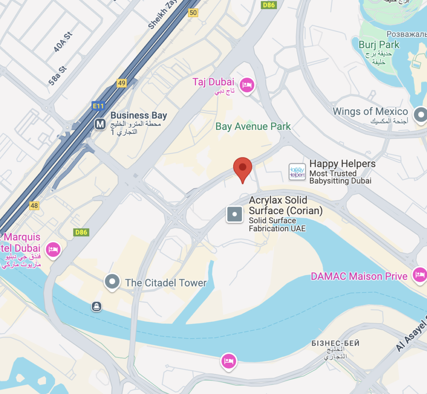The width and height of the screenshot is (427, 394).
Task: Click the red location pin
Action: [242, 168]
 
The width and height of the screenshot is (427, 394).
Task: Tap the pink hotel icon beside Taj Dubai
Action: [248, 85]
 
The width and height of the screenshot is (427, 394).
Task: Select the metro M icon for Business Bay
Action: [100, 124]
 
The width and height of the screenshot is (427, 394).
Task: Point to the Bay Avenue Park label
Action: [253, 126]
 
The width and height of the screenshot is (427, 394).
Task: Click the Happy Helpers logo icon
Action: [297, 172]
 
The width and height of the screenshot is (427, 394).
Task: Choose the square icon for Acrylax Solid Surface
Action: [234, 214]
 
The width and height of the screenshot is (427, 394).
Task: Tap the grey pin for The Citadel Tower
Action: [112, 282]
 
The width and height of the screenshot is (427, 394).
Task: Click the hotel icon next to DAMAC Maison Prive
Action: [419, 275]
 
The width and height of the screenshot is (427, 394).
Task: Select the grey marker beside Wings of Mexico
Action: [420, 114]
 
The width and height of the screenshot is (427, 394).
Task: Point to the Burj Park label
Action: [379, 45]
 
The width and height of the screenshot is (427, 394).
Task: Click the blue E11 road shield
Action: [98, 106]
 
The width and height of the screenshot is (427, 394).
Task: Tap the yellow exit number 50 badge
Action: [193, 13]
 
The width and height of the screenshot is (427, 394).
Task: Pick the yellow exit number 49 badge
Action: [121, 83]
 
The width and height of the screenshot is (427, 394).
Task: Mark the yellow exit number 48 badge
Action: [34, 205]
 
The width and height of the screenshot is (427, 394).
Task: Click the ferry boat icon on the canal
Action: [97, 307]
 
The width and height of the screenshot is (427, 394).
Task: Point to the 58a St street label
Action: [57, 75]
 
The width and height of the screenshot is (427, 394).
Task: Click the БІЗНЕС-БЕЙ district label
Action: [335, 343]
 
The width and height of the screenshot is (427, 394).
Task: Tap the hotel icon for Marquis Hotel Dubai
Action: [53, 250]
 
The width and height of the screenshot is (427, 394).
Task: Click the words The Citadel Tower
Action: [166, 283]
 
